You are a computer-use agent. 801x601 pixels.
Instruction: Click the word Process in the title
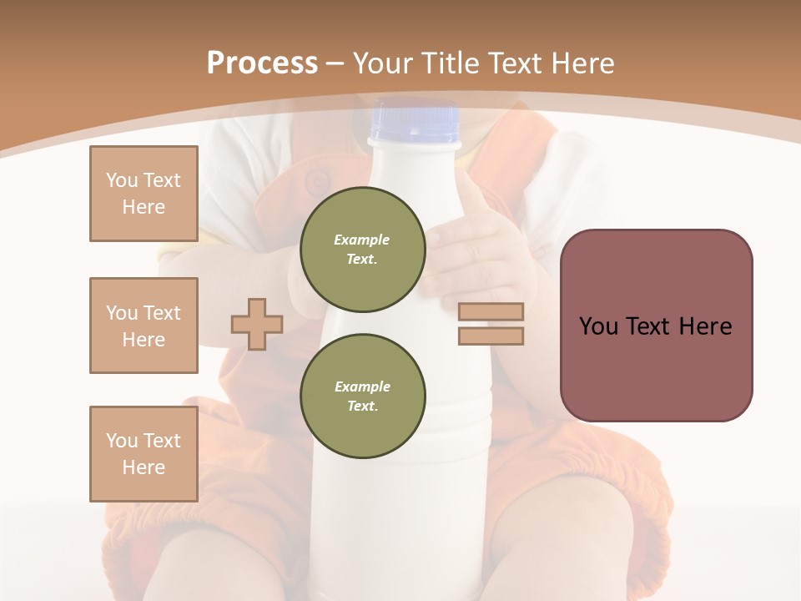tap(262, 63)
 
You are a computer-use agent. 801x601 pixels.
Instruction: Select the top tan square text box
tap(144, 194)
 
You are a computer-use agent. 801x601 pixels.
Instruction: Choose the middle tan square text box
tap(144, 326)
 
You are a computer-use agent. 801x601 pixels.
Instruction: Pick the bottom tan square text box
tap(144, 453)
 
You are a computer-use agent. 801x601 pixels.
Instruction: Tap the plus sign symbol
tap(257, 324)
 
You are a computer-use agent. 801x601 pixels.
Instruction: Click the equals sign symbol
tap(491, 324)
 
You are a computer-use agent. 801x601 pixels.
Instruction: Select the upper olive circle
tap(363, 249)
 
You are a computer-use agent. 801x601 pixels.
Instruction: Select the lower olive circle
tap(363, 396)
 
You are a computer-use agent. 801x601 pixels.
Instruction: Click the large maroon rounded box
tap(656, 325)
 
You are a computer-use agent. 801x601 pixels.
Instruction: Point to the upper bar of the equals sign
tap(491, 311)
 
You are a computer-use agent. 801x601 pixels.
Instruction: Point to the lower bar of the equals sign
tap(491, 336)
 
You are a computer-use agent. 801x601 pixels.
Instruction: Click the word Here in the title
tap(582, 63)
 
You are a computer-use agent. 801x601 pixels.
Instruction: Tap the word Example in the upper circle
tap(361, 240)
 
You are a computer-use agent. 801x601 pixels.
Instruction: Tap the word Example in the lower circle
tap(362, 386)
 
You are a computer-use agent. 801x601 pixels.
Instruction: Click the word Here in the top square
tap(144, 207)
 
